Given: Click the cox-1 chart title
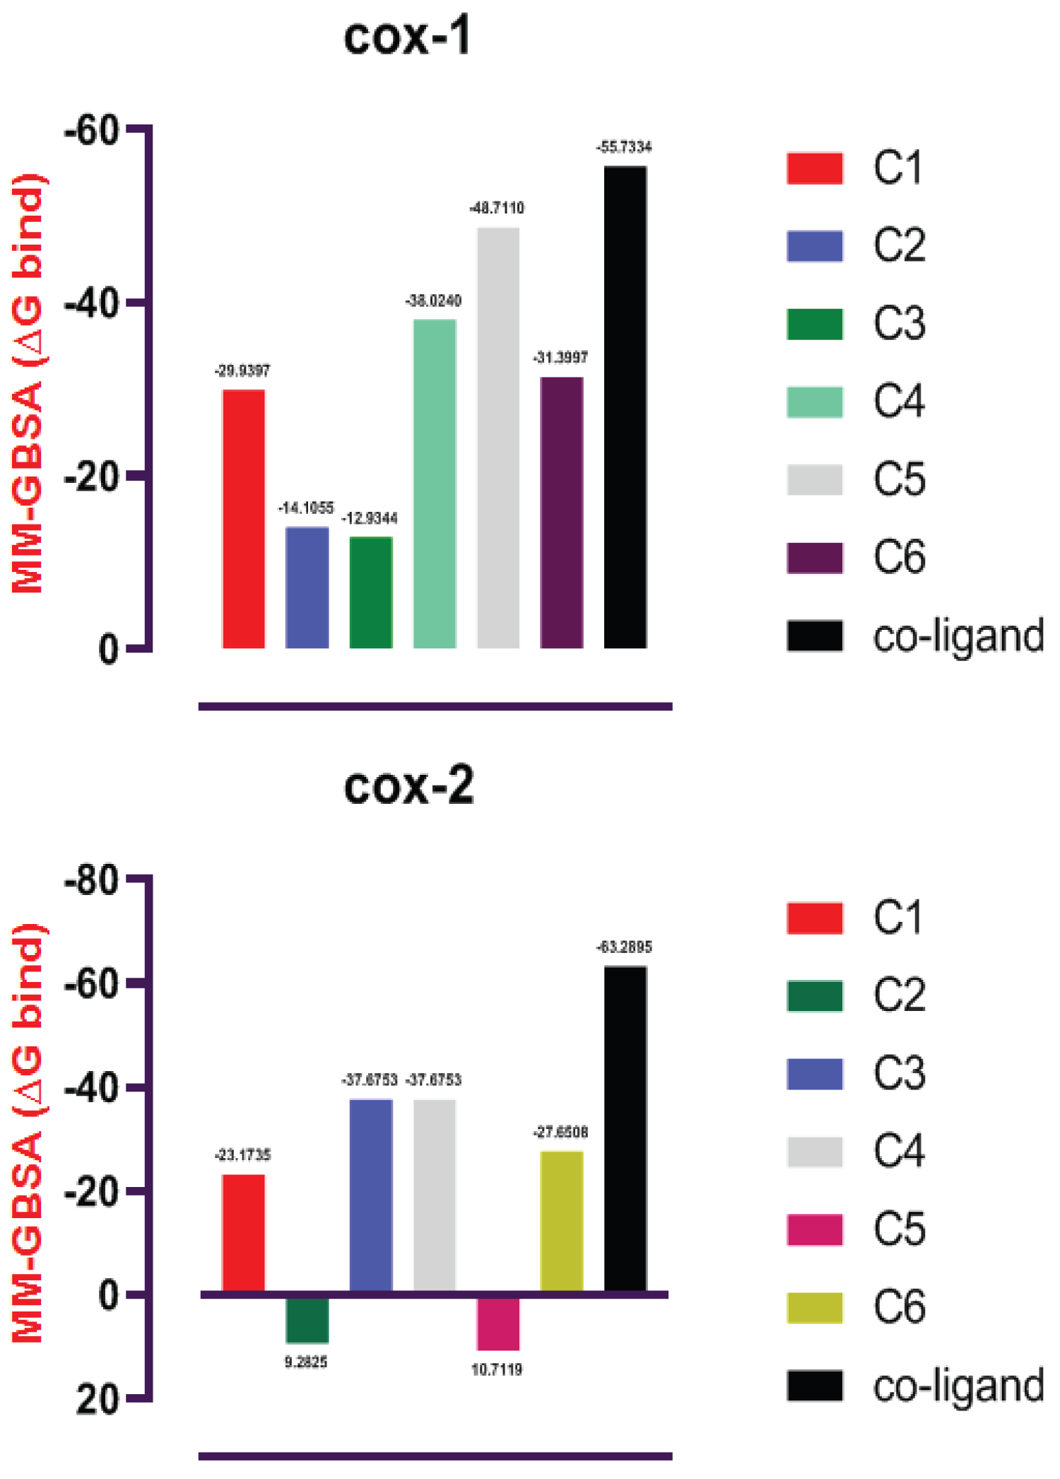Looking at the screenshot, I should tap(407, 37).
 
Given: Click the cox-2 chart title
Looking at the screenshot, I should tap(408, 785).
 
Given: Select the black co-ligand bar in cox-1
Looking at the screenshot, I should tap(625, 407).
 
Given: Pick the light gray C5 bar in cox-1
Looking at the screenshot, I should tap(497, 438).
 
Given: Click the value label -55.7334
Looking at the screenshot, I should tap(624, 147).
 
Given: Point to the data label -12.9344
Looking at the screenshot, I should tap(370, 519).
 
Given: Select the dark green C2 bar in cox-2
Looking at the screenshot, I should tap(307, 1319).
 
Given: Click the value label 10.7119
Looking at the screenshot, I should tap(497, 1369).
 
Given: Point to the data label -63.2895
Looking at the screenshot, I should tap(624, 947).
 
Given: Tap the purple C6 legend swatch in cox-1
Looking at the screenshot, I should tap(815, 558).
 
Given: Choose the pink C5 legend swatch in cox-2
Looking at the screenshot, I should tap(815, 1229).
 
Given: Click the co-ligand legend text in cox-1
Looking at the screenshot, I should tap(958, 636).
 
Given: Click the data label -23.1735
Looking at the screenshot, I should tap(242, 1155).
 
